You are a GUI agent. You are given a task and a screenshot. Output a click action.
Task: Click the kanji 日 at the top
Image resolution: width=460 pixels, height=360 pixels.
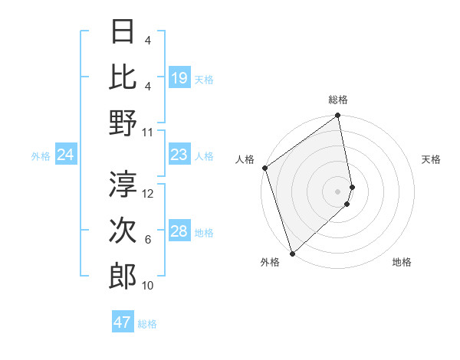pyautogui.click(x=123, y=32)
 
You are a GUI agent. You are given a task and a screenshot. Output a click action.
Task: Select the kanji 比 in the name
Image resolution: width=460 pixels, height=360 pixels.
pyautogui.click(x=123, y=77)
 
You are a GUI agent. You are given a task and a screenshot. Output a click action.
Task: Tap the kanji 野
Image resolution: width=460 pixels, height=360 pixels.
pyautogui.click(x=123, y=123)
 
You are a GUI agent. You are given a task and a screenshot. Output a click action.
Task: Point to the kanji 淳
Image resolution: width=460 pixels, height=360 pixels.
pyautogui.click(x=123, y=184)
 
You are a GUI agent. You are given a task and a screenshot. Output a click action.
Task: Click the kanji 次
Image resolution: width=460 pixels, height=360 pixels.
pyautogui.click(x=123, y=230)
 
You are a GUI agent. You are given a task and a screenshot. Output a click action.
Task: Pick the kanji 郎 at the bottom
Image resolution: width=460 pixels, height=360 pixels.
pyautogui.click(x=123, y=276)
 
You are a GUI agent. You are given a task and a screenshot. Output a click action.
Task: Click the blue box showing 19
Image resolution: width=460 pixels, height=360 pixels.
pyautogui.click(x=179, y=77)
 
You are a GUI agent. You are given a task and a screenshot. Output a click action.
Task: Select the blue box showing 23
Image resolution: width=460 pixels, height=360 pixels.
pyautogui.click(x=179, y=155)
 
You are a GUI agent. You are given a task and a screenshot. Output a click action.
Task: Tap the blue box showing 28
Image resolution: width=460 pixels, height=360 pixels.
pyautogui.click(x=179, y=231)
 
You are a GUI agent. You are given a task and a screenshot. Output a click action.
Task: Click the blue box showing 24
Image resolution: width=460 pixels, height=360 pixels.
pyautogui.click(x=65, y=155)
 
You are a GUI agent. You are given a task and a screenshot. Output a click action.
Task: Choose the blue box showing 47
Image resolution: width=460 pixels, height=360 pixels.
pyautogui.click(x=123, y=322)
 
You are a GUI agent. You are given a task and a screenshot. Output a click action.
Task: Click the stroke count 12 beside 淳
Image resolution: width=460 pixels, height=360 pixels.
pyautogui.click(x=149, y=194)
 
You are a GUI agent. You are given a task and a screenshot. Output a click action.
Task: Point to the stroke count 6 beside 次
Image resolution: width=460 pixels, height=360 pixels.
pyautogui.click(x=148, y=240)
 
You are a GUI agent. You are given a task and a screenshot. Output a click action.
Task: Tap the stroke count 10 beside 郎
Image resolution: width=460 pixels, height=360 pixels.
pyautogui.click(x=148, y=286)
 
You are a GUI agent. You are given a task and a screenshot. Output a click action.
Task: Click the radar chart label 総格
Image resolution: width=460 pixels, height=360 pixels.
pyautogui.click(x=338, y=100)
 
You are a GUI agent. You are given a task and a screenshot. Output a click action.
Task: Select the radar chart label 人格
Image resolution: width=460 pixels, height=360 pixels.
pyautogui.click(x=245, y=159)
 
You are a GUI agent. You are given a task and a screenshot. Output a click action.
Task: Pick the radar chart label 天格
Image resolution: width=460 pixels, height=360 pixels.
pyautogui.click(x=431, y=159)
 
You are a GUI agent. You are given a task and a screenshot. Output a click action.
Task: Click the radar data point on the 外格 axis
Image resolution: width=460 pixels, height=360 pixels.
pyautogui.click(x=292, y=254)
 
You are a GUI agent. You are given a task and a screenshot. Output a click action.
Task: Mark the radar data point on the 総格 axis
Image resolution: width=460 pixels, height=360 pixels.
pyautogui.click(x=338, y=117)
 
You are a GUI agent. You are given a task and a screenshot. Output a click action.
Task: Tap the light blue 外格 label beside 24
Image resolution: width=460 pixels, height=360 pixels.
pyautogui.click(x=41, y=156)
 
